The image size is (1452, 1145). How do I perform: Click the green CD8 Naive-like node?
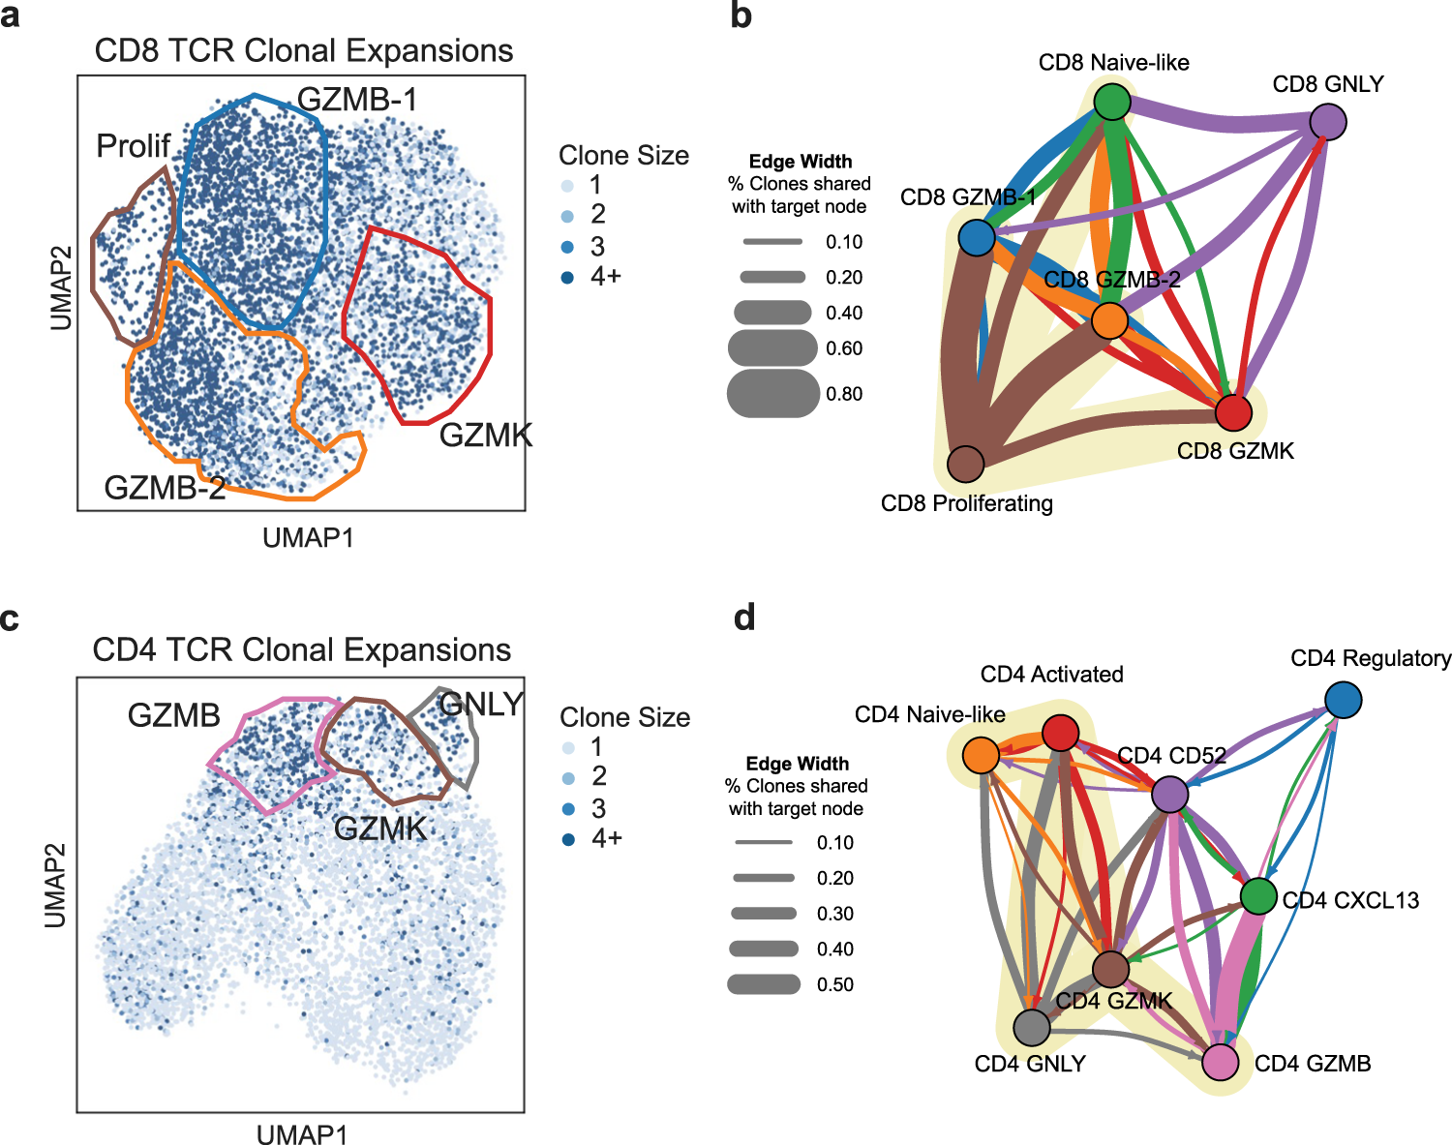[x=1113, y=101]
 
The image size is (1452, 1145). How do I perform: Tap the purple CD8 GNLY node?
[x=1328, y=122]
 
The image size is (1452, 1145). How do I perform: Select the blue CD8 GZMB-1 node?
[x=977, y=237]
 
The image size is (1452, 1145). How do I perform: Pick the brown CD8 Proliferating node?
[x=965, y=464]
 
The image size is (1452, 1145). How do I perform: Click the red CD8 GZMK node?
[x=1233, y=412]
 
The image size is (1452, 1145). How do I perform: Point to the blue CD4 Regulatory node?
[x=1344, y=700]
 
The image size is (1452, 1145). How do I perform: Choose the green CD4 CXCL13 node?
[x=1258, y=896]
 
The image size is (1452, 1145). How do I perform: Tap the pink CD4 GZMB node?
[x=1221, y=1062]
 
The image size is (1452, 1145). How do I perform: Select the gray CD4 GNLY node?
[x=1032, y=1028]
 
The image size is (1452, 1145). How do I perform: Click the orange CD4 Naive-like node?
[x=981, y=755]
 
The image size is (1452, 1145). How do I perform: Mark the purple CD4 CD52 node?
[x=1170, y=795]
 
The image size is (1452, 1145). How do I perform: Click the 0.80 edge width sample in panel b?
[x=773, y=394]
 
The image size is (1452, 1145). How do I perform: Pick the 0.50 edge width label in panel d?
[x=835, y=984]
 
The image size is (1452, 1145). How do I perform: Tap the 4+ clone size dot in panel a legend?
[x=567, y=278]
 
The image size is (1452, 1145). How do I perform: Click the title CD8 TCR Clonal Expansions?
[x=303, y=50]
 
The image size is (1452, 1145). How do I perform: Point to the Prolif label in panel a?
[x=134, y=146]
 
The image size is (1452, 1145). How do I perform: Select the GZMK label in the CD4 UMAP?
[x=380, y=829]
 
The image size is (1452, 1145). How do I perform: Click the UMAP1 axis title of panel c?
[x=301, y=1134]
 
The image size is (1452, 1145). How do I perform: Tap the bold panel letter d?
[x=744, y=618]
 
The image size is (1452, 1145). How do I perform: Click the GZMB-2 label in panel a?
[x=165, y=487]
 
